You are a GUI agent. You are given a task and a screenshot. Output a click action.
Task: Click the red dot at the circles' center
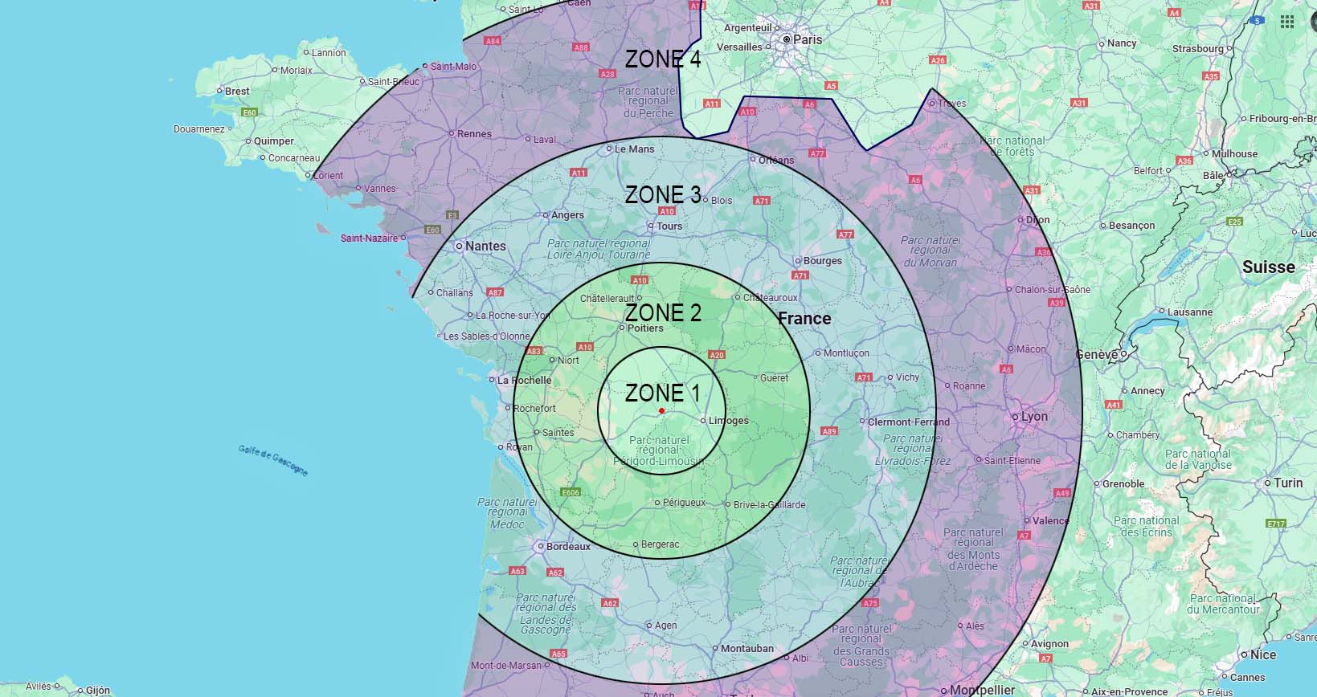(x=661, y=410)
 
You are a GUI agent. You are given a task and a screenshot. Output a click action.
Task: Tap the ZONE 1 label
(x=662, y=393)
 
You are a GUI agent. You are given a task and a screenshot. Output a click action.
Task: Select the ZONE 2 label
(x=663, y=312)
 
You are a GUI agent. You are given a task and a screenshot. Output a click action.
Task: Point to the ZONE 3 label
(x=663, y=194)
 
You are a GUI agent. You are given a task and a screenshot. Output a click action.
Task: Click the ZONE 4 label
(x=663, y=59)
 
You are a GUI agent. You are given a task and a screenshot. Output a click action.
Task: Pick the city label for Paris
(x=808, y=39)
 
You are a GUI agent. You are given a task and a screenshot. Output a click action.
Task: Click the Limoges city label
(x=728, y=421)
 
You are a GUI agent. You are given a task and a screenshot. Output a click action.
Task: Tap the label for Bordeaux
(x=568, y=547)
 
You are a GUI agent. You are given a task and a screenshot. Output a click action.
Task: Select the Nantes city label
(x=485, y=246)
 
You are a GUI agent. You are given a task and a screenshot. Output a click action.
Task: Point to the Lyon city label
(x=1034, y=417)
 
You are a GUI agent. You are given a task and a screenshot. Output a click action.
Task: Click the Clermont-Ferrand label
(x=908, y=422)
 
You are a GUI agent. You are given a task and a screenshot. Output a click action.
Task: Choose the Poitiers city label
(x=645, y=328)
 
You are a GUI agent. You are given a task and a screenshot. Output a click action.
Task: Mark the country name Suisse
(x=1268, y=267)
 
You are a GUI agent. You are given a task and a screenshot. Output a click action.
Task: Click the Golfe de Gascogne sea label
(x=273, y=459)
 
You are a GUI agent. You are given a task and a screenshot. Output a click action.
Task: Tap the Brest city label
(x=237, y=91)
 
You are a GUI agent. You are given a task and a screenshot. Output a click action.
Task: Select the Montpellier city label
(x=982, y=690)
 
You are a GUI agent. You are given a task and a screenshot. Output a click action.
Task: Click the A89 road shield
(x=829, y=431)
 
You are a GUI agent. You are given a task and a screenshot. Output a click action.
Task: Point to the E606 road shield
(x=571, y=492)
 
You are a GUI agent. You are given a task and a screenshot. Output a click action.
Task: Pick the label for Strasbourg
(x=1197, y=48)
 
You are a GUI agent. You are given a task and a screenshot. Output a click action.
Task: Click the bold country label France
(x=804, y=319)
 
